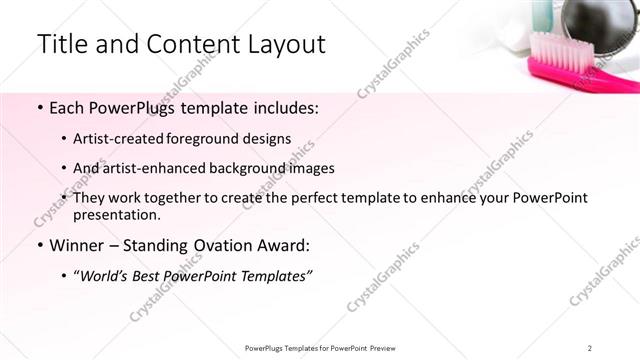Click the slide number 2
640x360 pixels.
coord(590,348)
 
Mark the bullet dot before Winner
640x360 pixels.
coord(39,245)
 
